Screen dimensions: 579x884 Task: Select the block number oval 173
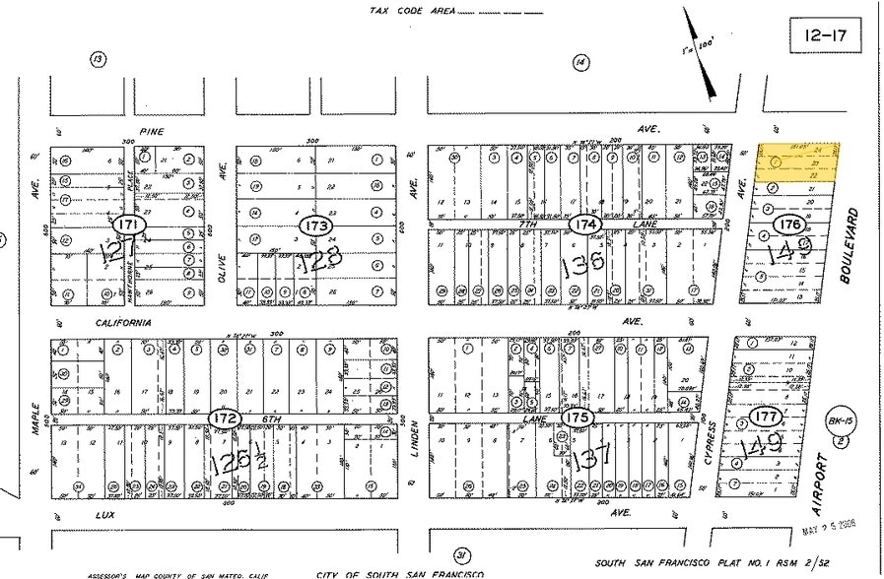(317, 225)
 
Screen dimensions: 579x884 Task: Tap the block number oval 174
(586, 225)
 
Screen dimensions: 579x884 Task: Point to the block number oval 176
(789, 224)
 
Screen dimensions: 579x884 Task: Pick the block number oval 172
(224, 418)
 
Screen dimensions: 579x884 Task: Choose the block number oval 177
(765, 416)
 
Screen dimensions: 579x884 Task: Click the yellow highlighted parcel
(797, 162)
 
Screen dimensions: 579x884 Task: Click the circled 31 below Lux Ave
(459, 556)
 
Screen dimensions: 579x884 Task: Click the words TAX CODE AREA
(411, 12)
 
